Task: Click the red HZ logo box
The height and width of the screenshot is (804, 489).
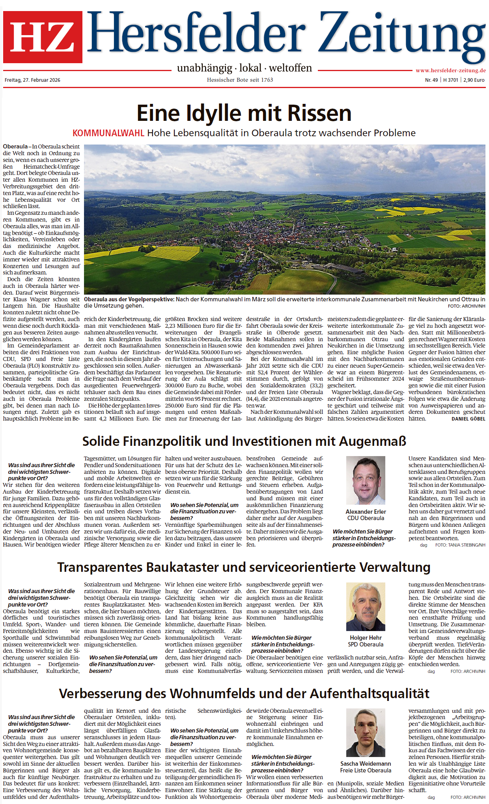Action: point(43,37)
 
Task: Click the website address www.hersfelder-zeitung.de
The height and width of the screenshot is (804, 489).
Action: point(450,71)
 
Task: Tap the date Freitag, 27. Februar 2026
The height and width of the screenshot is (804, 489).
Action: point(32,80)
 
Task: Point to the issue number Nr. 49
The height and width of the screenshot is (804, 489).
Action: point(431,80)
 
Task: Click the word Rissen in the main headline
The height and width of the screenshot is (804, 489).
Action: point(319,114)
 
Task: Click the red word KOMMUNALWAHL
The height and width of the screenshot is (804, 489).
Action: point(108,133)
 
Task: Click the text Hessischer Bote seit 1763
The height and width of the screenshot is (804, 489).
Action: point(240,80)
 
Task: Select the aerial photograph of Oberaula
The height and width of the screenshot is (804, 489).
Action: point(284,219)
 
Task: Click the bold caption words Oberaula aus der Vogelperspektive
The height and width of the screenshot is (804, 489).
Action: point(129,299)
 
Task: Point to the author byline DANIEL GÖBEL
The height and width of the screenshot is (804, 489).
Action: point(468,419)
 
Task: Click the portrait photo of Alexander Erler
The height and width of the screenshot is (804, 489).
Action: point(366,480)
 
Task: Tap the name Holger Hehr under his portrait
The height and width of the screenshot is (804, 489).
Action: point(366,638)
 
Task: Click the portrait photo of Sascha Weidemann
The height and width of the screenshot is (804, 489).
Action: point(366,733)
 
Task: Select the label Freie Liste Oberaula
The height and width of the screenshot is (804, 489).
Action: point(366,770)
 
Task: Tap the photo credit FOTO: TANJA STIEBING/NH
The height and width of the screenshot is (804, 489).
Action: point(460,545)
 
